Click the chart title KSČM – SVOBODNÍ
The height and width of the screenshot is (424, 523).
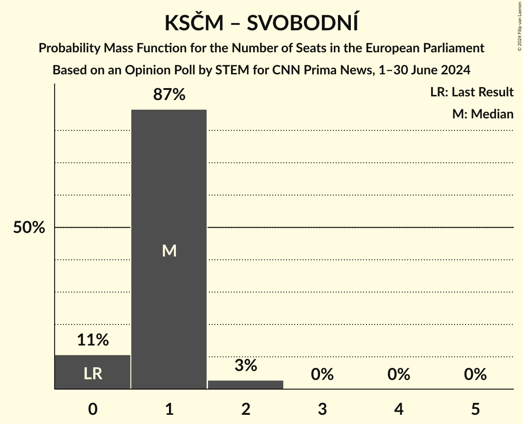point(261,23)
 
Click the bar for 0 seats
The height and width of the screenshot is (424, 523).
point(93,372)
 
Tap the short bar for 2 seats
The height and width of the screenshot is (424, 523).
point(246,385)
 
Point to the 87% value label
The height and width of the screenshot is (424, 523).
point(169,95)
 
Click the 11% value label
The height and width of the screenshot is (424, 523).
point(93,340)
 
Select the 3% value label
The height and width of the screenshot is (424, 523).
point(246,365)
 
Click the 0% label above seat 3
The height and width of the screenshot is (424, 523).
point(322,374)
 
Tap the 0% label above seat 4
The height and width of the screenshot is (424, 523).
point(399,374)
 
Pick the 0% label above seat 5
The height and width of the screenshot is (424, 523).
point(475,374)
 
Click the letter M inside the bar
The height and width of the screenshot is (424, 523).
point(169,251)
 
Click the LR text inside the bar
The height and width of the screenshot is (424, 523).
point(93,374)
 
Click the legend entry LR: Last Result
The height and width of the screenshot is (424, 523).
point(472,92)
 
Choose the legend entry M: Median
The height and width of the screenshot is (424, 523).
point(483,114)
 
